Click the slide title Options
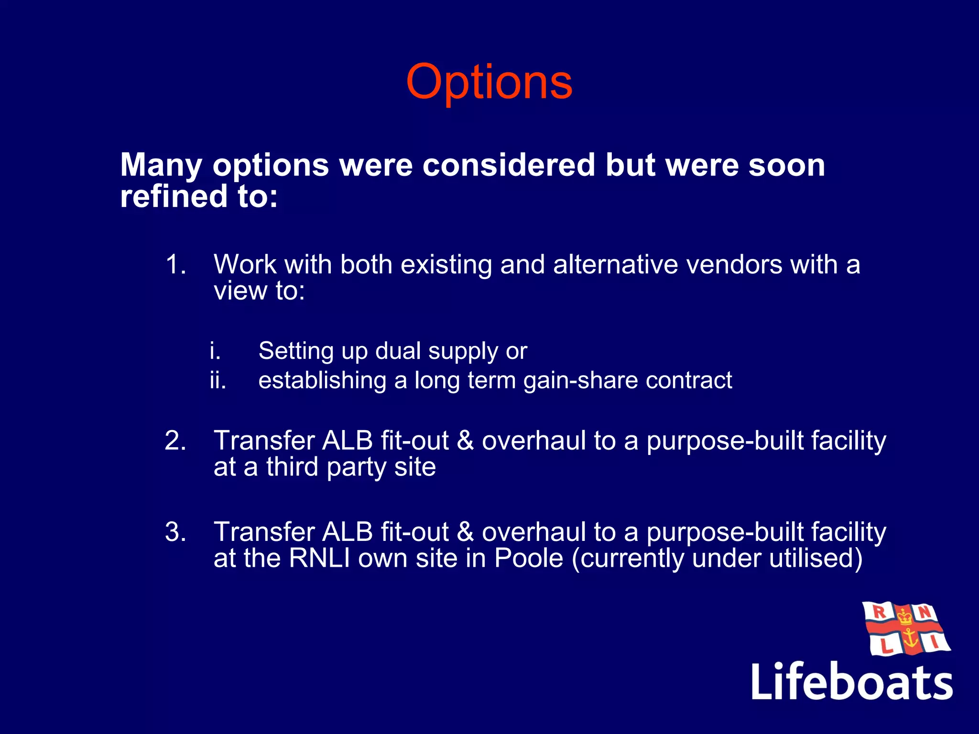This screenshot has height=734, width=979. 489,82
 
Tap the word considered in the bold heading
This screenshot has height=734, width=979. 509,165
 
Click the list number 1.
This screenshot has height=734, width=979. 175,264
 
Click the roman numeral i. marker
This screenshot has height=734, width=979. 215,351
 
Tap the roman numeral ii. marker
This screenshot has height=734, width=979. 218,381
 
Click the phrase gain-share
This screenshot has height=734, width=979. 580,381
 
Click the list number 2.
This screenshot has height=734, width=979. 175,441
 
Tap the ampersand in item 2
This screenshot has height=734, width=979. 465,441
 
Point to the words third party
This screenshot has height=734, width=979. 324,467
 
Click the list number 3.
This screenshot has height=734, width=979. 175,532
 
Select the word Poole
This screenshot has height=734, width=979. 529,558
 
